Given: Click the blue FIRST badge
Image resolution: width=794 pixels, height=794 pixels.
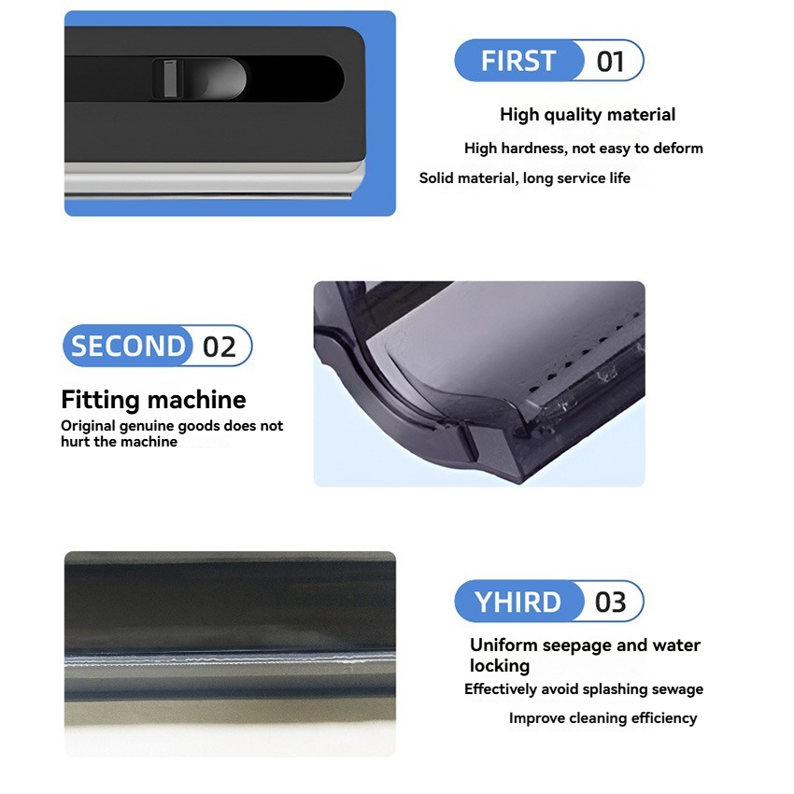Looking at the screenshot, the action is (x=519, y=61).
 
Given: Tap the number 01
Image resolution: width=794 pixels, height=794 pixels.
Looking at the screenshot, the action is (x=610, y=62).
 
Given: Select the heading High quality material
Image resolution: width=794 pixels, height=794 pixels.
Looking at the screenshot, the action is (x=588, y=115).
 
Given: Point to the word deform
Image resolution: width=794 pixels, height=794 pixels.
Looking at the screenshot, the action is (x=678, y=148).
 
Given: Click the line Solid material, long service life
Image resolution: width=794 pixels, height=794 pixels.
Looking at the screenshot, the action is (x=525, y=178).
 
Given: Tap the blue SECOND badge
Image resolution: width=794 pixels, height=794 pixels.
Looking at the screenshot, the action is (x=128, y=346).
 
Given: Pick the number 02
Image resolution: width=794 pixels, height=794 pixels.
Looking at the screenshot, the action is (x=220, y=347).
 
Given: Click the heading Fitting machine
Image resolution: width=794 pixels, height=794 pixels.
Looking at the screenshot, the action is (x=153, y=400).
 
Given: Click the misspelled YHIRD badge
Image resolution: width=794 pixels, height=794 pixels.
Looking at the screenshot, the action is (x=518, y=601).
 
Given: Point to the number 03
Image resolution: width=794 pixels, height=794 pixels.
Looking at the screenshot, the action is (x=610, y=603).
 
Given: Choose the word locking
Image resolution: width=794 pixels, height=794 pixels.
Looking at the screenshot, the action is (x=500, y=665).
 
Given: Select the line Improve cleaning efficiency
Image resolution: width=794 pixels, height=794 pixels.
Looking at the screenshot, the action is (x=603, y=718).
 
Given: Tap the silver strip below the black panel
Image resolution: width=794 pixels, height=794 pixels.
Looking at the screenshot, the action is (x=214, y=179).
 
